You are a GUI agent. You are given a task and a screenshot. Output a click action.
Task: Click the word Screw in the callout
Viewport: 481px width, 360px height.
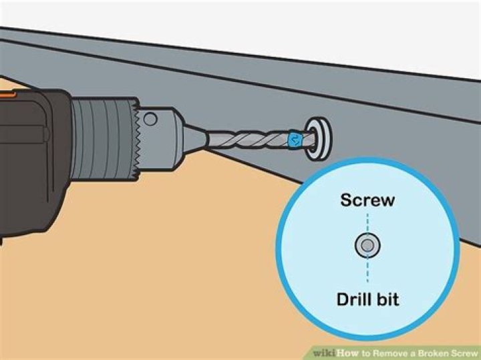[367, 200]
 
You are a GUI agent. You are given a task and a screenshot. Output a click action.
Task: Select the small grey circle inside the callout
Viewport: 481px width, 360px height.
[367, 245]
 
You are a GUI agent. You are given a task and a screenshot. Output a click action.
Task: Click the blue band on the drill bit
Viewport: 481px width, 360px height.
[295, 139]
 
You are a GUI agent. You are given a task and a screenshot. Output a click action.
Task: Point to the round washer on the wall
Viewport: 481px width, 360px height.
[319, 139]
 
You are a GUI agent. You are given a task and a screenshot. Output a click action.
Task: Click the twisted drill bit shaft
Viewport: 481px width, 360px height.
[249, 140]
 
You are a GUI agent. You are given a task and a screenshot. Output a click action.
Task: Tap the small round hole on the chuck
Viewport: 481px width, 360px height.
[150, 120]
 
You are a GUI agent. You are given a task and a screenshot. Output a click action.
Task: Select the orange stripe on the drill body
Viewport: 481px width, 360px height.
[7, 94]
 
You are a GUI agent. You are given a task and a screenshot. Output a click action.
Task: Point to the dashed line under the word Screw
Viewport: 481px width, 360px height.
[367, 223]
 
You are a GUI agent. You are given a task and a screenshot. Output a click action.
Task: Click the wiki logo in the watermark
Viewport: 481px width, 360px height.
[325, 353]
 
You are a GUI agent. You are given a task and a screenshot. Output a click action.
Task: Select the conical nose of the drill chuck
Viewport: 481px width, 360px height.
[195, 139]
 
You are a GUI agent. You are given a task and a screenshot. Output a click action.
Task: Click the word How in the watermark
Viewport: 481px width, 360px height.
[347, 353]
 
